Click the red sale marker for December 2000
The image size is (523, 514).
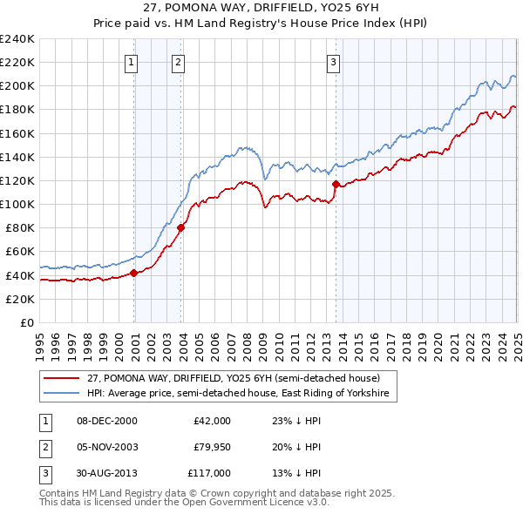tap(134, 273)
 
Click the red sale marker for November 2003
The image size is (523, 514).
tap(180, 228)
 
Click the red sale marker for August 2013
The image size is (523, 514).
tap(336, 184)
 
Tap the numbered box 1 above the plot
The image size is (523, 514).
tap(131, 62)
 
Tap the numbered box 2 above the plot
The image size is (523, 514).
tap(177, 62)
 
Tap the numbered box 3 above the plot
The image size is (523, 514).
tap(333, 62)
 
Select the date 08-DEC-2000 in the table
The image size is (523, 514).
tap(106, 421)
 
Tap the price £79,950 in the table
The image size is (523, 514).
tap(212, 447)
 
